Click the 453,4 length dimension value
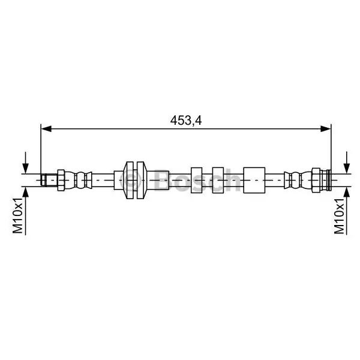pyautogui.click(x=186, y=121)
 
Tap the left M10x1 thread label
pyautogui.click(x=18, y=215)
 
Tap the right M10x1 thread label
pyautogui.click(x=340, y=216)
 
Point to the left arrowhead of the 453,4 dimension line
pyautogui.click(x=46, y=129)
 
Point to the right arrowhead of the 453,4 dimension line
pyautogui.click(x=326, y=129)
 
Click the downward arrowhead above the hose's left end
pyautogui.click(x=26, y=168)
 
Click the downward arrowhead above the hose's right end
pyautogui.click(x=347, y=168)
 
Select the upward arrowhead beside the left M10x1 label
pyautogui.click(x=26, y=192)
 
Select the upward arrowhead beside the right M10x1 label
pyautogui.click(x=347, y=192)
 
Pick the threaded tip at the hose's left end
pyautogui.click(x=49, y=180)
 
